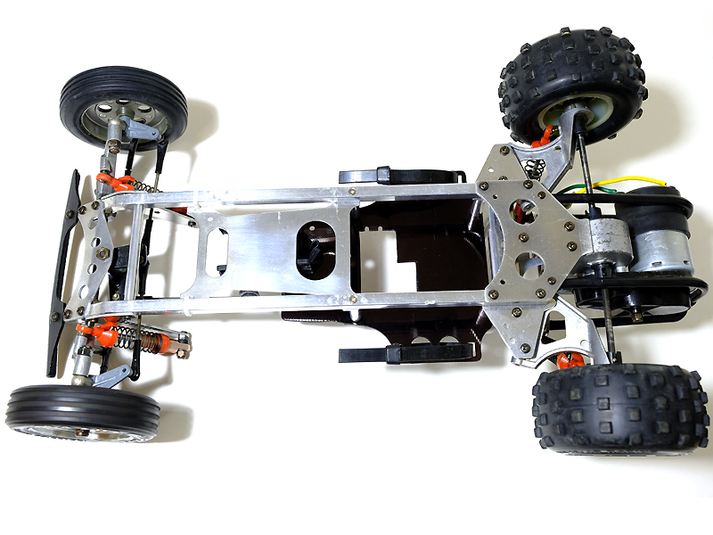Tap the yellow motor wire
(615, 183)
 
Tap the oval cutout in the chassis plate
(316, 244)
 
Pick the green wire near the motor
(570, 190)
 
